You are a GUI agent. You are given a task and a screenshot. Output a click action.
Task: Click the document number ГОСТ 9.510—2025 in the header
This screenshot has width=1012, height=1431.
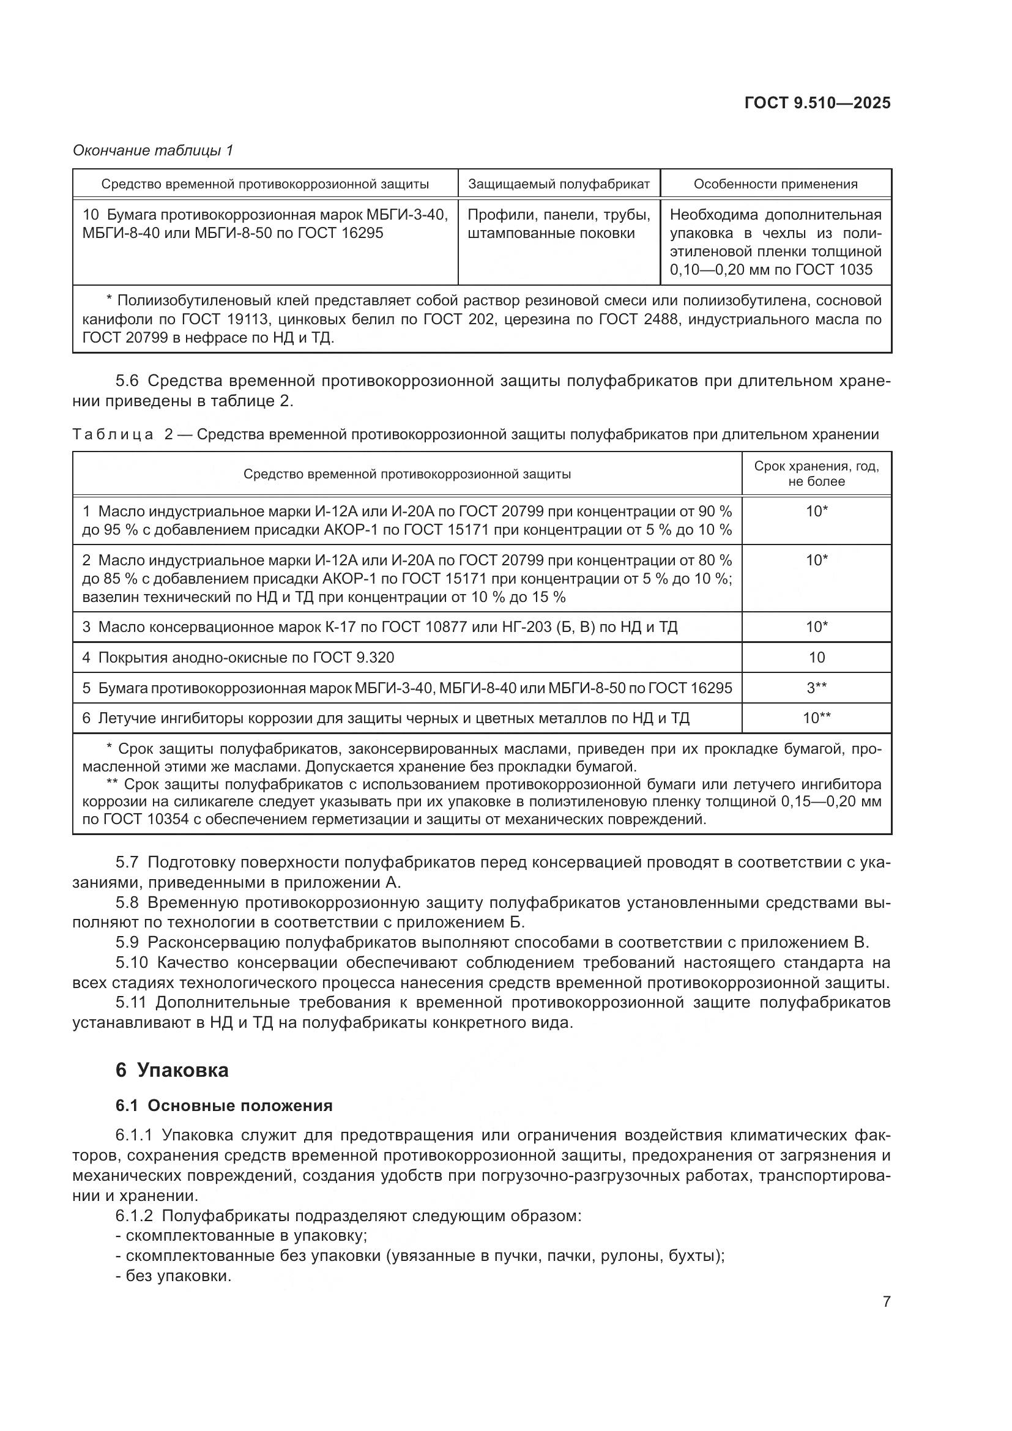point(817,103)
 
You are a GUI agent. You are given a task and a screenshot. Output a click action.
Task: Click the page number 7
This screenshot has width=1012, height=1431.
point(886,1302)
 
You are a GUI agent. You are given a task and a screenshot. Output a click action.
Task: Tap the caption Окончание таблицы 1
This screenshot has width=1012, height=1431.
point(153,151)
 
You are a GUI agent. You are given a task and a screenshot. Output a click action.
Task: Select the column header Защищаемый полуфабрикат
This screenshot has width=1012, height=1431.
point(559,184)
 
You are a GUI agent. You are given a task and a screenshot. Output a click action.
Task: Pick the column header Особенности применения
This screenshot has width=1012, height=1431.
point(775,184)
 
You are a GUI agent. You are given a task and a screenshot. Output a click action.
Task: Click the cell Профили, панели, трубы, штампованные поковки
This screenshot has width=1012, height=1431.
point(559,224)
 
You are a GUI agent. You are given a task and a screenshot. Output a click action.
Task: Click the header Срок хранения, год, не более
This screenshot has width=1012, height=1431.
point(816,474)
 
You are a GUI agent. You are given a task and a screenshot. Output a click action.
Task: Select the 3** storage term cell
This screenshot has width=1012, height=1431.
point(816,688)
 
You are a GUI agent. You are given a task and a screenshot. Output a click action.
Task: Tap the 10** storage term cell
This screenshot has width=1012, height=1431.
point(816,718)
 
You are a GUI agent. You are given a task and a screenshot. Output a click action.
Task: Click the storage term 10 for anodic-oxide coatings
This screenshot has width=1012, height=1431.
point(816,657)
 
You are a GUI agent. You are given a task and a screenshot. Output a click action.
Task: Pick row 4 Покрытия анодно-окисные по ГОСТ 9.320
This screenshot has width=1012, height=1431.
point(238,658)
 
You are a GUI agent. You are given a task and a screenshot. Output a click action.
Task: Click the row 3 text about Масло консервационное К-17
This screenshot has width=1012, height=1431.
point(380,627)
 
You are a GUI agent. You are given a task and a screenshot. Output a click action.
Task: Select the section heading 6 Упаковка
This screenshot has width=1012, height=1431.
point(172,1070)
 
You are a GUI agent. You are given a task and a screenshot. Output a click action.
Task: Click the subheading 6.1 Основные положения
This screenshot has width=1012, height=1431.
point(224,1106)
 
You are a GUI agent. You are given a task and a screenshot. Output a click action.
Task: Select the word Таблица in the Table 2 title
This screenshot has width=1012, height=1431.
point(113,434)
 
